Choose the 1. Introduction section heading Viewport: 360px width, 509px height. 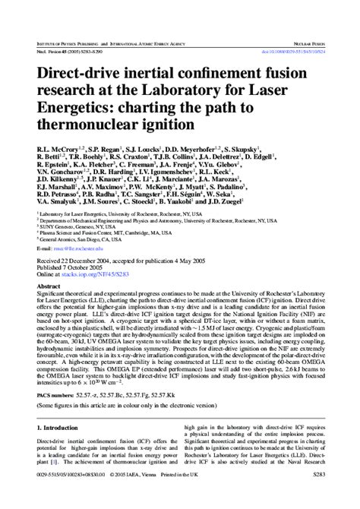coord(61,428)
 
